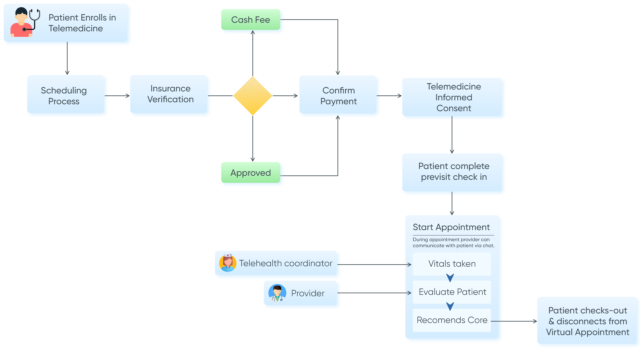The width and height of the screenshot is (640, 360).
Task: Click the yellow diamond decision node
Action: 253,96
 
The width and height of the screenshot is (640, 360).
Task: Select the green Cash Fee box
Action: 251,20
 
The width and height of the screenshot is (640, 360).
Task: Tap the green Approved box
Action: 251,173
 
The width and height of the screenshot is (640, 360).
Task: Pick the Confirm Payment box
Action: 338,96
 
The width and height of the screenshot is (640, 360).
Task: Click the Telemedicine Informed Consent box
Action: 453,97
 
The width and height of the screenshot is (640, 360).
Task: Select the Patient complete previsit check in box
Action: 453,172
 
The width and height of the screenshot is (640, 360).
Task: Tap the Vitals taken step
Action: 452,264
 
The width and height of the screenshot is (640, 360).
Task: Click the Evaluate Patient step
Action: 452,292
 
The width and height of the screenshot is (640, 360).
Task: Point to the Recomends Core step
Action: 452,320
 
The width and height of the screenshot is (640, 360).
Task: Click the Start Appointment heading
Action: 451,227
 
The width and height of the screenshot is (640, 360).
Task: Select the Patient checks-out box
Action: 587,321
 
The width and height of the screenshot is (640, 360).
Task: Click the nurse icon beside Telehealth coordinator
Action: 228,263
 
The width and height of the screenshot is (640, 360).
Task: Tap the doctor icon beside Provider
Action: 277,293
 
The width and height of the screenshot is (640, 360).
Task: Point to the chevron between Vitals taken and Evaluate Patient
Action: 450,278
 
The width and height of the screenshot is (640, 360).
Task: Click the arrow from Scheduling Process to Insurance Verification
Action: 117,96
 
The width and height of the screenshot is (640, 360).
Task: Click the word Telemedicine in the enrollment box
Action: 76,29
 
